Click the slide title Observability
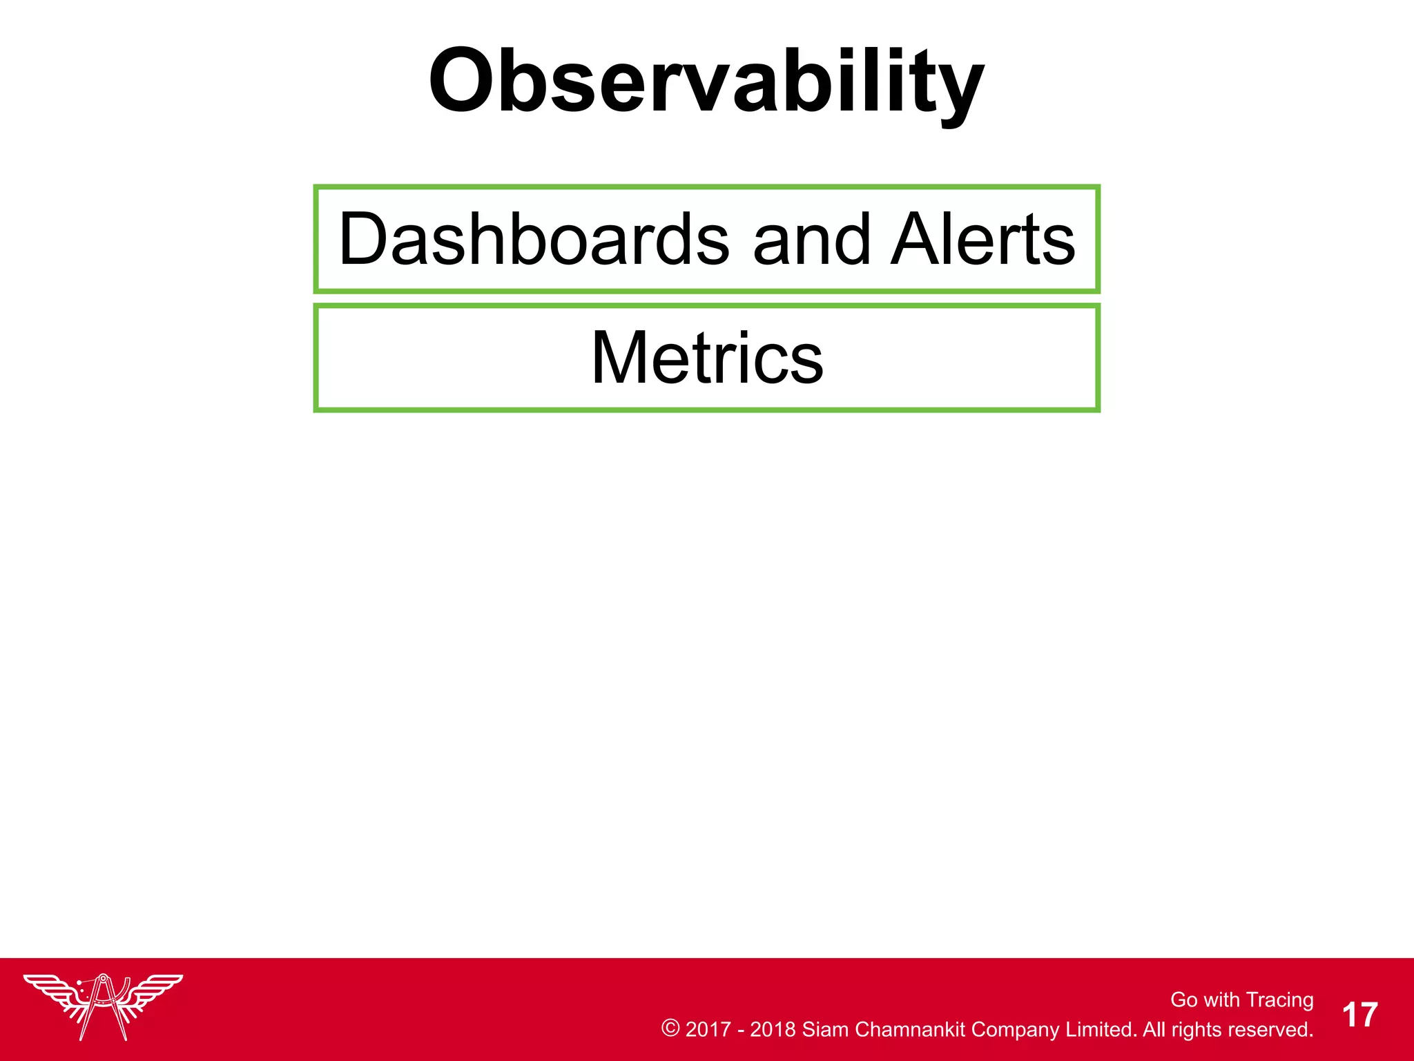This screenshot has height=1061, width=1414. (706, 82)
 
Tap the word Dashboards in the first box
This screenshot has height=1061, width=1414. (533, 239)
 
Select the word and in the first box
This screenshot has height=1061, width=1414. (811, 239)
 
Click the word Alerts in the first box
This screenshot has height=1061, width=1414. (982, 239)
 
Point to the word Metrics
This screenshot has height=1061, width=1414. (707, 358)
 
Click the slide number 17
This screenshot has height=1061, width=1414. (1359, 1015)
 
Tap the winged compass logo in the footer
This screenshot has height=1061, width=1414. (104, 1005)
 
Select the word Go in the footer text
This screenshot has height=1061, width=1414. (1183, 1000)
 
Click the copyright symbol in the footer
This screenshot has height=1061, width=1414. (670, 1029)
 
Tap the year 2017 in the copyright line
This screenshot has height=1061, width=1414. (708, 1029)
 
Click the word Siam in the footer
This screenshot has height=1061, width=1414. (825, 1029)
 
